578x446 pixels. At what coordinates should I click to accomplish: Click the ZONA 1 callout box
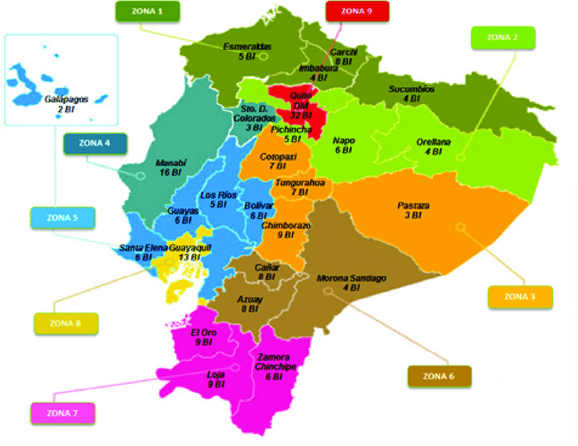[x=148, y=11]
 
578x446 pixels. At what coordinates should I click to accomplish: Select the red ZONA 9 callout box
[x=357, y=11]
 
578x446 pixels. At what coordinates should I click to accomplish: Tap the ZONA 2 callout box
[x=503, y=37]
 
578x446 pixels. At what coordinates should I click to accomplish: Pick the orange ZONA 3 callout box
[x=520, y=296]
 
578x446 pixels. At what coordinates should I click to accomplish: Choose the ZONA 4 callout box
[x=94, y=144]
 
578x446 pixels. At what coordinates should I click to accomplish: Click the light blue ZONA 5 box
[x=63, y=218]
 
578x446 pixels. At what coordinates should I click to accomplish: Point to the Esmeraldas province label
[x=248, y=47]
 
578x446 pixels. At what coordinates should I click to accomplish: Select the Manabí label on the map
[x=171, y=163]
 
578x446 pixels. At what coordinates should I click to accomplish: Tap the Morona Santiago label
[x=352, y=278]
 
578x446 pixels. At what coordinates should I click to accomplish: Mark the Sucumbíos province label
[x=411, y=89]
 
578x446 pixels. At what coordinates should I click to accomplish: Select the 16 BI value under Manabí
[x=171, y=173]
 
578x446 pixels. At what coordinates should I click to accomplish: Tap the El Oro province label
[x=203, y=333]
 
